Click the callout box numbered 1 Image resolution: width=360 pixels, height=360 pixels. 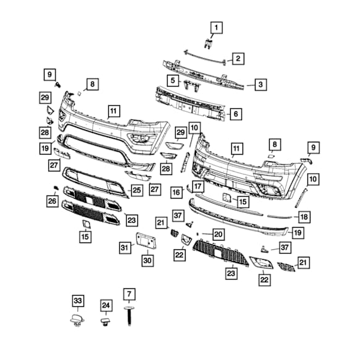click(x=216, y=27)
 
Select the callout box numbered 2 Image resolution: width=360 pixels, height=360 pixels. click(x=237, y=59)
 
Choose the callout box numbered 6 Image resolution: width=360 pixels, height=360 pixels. click(x=235, y=114)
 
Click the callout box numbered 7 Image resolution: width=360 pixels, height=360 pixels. click(x=129, y=294)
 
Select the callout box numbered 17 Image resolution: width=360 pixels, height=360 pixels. click(x=197, y=186)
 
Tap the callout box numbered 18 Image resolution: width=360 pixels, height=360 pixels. click(x=304, y=216)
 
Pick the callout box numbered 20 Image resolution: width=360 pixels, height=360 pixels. click(x=218, y=234)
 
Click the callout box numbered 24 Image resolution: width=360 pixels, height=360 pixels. click(x=106, y=305)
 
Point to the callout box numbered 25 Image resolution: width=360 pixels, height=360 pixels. click(x=136, y=191)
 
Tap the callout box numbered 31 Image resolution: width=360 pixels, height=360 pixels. click(x=125, y=247)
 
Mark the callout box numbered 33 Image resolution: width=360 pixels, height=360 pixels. click(x=77, y=301)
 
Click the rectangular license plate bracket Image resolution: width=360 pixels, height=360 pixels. click(x=144, y=241)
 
